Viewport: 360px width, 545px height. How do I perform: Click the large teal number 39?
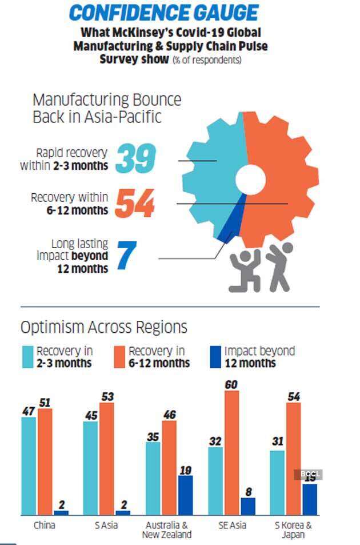135,158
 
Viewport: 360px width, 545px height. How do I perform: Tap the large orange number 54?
135,204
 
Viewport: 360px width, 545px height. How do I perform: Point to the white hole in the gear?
250,180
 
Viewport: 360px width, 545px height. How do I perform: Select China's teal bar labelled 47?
29,466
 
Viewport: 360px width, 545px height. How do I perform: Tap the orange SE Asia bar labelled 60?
231,452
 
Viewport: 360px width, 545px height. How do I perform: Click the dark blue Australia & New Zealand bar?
185,495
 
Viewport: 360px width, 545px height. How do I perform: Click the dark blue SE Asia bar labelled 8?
247,506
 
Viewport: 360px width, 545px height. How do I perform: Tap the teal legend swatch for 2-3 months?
27,356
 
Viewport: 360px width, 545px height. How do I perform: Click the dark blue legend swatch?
216,356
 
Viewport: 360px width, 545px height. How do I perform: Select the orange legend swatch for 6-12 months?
119,356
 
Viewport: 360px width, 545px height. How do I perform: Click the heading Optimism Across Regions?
103,327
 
